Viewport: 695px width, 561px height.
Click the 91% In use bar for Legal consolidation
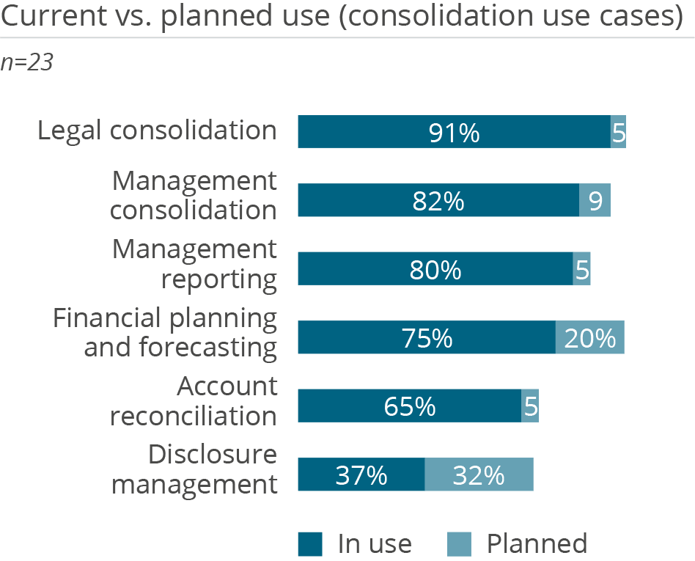tap(454, 132)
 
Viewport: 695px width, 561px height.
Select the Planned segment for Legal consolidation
tap(618, 132)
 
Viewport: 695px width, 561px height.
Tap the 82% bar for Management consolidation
tap(438, 200)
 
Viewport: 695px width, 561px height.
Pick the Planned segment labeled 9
tap(595, 200)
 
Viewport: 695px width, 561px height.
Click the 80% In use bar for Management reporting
tap(435, 269)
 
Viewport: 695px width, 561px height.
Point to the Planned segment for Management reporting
tap(581, 269)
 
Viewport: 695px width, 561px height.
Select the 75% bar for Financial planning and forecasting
tap(427, 337)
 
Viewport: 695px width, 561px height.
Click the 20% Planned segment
tap(589, 337)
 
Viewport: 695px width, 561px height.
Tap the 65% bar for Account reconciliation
tap(409, 406)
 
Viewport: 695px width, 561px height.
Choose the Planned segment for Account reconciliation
tap(530, 406)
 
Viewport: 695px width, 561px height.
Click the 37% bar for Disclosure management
tap(361, 474)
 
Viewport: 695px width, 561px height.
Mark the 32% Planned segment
tap(479, 474)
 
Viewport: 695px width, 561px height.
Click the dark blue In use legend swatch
tap(309, 544)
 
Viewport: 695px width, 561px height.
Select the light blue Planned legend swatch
tap(459, 544)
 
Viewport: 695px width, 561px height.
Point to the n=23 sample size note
tap(27, 63)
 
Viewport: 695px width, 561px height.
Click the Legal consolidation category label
tap(157, 131)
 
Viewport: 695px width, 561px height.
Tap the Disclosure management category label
tap(194, 469)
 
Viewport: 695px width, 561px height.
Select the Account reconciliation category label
tap(194, 401)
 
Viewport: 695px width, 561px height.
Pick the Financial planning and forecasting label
tap(166, 332)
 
